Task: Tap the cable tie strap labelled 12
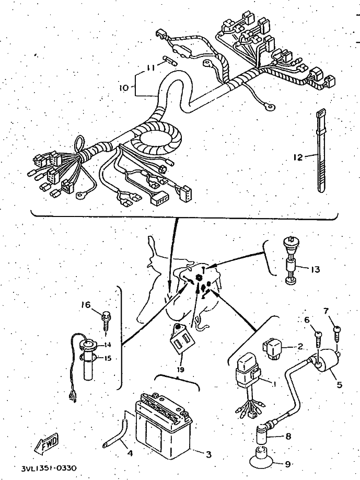320,152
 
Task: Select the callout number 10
123,88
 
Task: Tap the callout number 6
307,319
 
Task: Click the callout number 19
180,370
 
